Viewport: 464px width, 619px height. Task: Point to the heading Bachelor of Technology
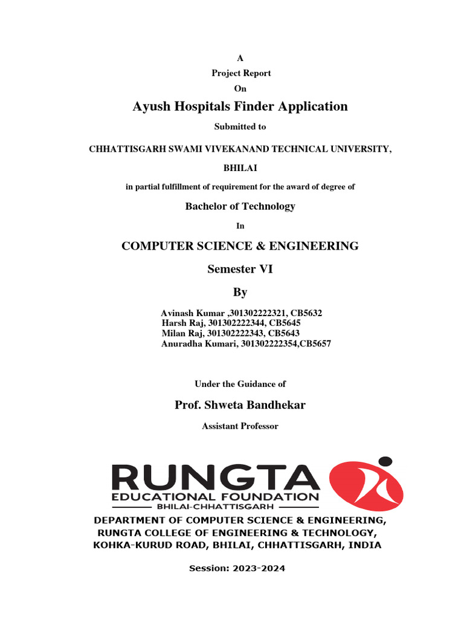point(240,206)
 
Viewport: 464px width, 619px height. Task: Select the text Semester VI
point(240,270)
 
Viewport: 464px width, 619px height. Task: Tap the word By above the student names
point(240,293)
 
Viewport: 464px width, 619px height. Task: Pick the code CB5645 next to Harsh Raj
point(285,323)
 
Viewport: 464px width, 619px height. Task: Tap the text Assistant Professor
point(240,426)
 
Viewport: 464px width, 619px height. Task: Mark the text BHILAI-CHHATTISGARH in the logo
point(215,507)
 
